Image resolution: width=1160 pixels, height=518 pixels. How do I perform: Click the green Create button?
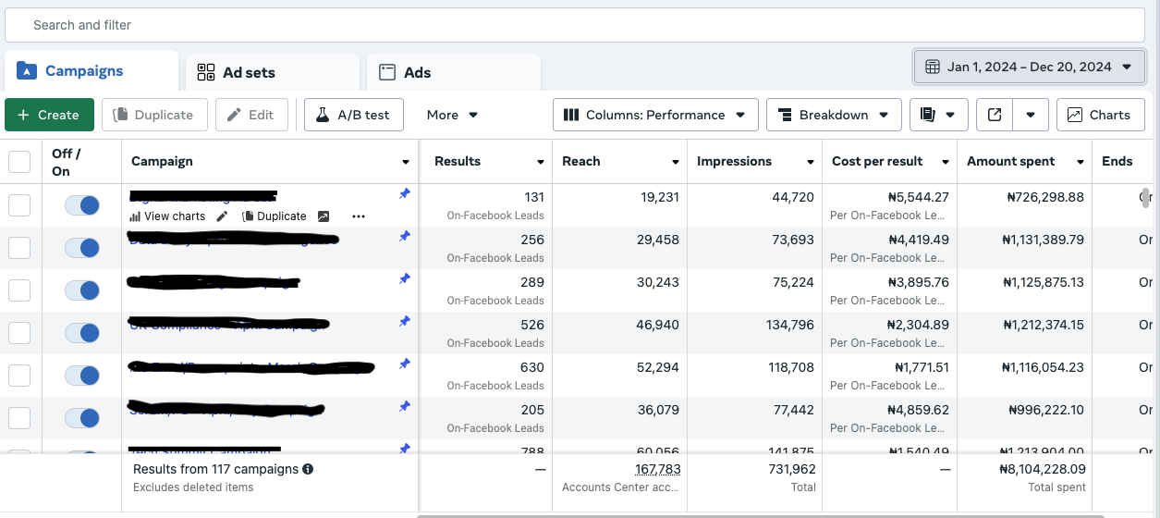pyautogui.click(x=49, y=115)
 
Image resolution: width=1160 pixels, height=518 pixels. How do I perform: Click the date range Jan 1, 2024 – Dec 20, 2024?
pyautogui.click(x=1028, y=67)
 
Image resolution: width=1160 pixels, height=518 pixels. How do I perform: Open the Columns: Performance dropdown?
pyautogui.click(x=655, y=115)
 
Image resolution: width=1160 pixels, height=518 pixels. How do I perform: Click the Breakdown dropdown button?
pyautogui.click(x=833, y=115)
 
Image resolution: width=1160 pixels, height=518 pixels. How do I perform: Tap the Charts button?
pyautogui.click(x=1099, y=115)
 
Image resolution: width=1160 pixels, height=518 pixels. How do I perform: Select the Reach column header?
pyautogui.click(x=581, y=161)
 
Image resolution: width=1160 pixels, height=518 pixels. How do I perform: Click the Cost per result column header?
pyautogui.click(x=877, y=161)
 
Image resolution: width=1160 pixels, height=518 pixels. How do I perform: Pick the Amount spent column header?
pyautogui.click(x=1011, y=161)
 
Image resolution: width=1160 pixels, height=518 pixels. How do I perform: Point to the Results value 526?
pyautogui.click(x=531, y=325)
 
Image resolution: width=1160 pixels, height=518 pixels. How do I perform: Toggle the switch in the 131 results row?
pyautogui.click(x=81, y=205)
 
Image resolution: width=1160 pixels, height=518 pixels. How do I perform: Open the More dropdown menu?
pyautogui.click(x=452, y=115)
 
